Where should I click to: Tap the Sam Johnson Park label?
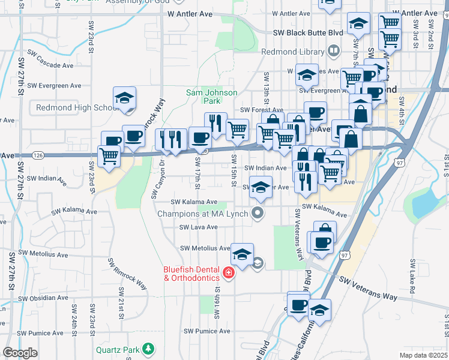(x=211, y=97)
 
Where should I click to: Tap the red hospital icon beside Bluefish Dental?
(x=228, y=274)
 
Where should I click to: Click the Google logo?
(x=20, y=353)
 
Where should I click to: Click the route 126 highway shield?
(x=38, y=155)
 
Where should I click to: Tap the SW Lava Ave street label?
(x=198, y=227)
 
